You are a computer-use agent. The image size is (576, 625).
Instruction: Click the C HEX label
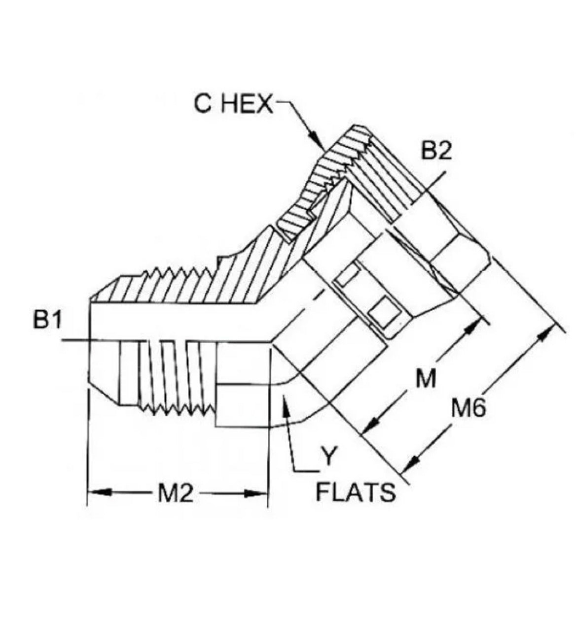tap(233, 104)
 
